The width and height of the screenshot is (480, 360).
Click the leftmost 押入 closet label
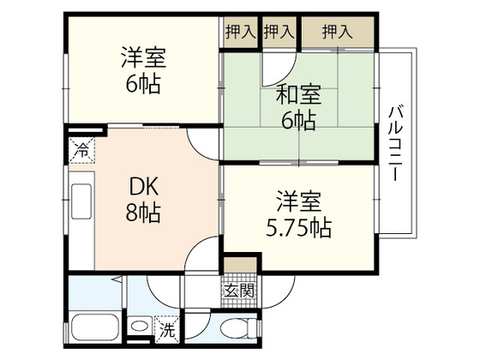coord(239,33)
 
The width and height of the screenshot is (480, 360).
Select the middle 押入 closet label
coord(279,33)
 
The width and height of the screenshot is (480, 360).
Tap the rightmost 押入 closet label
coord(337,33)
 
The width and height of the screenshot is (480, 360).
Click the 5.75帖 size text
coord(297,229)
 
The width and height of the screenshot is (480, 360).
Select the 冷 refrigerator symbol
coord(80,147)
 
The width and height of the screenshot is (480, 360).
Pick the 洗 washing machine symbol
coord(168,327)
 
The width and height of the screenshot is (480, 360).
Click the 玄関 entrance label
coord(239,291)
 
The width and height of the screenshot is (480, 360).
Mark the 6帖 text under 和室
coord(297,120)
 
